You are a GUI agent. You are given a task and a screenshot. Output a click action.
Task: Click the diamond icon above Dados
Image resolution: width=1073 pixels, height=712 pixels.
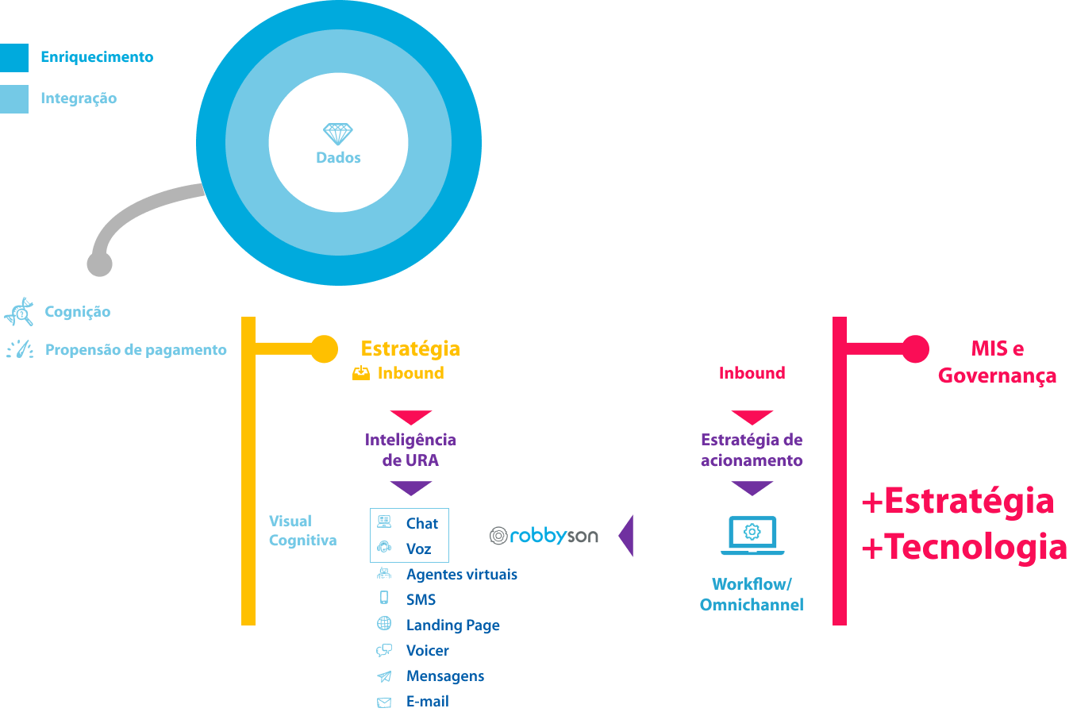pyautogui.click(x=338, y=133)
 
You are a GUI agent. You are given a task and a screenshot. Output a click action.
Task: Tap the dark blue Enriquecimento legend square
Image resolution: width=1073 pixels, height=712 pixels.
pyautogui.click(x=13, y=58)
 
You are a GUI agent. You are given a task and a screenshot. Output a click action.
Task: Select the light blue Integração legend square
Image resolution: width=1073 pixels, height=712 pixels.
pyautogui.click(x=13, y=99)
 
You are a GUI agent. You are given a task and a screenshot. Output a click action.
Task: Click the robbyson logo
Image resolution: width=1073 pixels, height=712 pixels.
pyautogui.click(x=544, y=536)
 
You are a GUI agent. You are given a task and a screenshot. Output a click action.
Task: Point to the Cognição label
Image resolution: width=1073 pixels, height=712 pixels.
pyautogui.click(x=77, y=312)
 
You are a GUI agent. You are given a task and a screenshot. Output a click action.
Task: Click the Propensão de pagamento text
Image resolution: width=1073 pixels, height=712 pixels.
pyautogui.click(x=136, y=350)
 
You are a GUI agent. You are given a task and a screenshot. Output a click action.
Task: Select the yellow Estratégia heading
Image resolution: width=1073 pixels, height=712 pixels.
pyautogui.click(x=410, y=348)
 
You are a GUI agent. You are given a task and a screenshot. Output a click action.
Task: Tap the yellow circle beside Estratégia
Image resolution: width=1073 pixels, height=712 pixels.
pyautogui.click(x=324, y=348)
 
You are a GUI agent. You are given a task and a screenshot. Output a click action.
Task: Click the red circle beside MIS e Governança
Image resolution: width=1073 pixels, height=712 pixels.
pyautogui.click(x=915, y=348)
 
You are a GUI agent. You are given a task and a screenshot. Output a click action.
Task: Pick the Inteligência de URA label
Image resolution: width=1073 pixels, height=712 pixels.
pyautogui.click(x=410, y=450)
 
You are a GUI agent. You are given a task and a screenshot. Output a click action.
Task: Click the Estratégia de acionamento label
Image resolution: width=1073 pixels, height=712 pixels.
pyautogui.click(x=752, y=450)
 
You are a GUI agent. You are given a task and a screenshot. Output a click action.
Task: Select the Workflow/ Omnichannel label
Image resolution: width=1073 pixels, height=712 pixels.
pyautogui.click(x=752, y=595)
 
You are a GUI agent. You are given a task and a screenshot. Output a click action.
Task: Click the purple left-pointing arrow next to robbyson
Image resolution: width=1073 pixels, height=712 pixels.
pyautogui.click(x=625, y=536)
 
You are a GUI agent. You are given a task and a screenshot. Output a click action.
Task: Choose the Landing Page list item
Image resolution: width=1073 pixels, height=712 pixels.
pyautogui.click(x=452, y=625)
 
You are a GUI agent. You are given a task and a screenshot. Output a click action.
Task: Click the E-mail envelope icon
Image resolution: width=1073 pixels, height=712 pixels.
pyautogui.click(x=384, y=702)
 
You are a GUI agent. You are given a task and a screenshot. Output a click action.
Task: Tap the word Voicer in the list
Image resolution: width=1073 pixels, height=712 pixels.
pyautogui.click(x=427, y=651)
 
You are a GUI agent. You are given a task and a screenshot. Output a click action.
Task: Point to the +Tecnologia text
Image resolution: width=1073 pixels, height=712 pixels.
pyautogui.click(x=963, y=547)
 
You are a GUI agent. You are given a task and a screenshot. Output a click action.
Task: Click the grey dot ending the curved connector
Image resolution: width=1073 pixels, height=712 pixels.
pyautogui.click(x=99, y=264)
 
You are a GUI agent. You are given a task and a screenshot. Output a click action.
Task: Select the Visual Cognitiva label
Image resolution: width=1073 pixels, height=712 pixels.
pyautogui.click(x=302, y=531)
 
